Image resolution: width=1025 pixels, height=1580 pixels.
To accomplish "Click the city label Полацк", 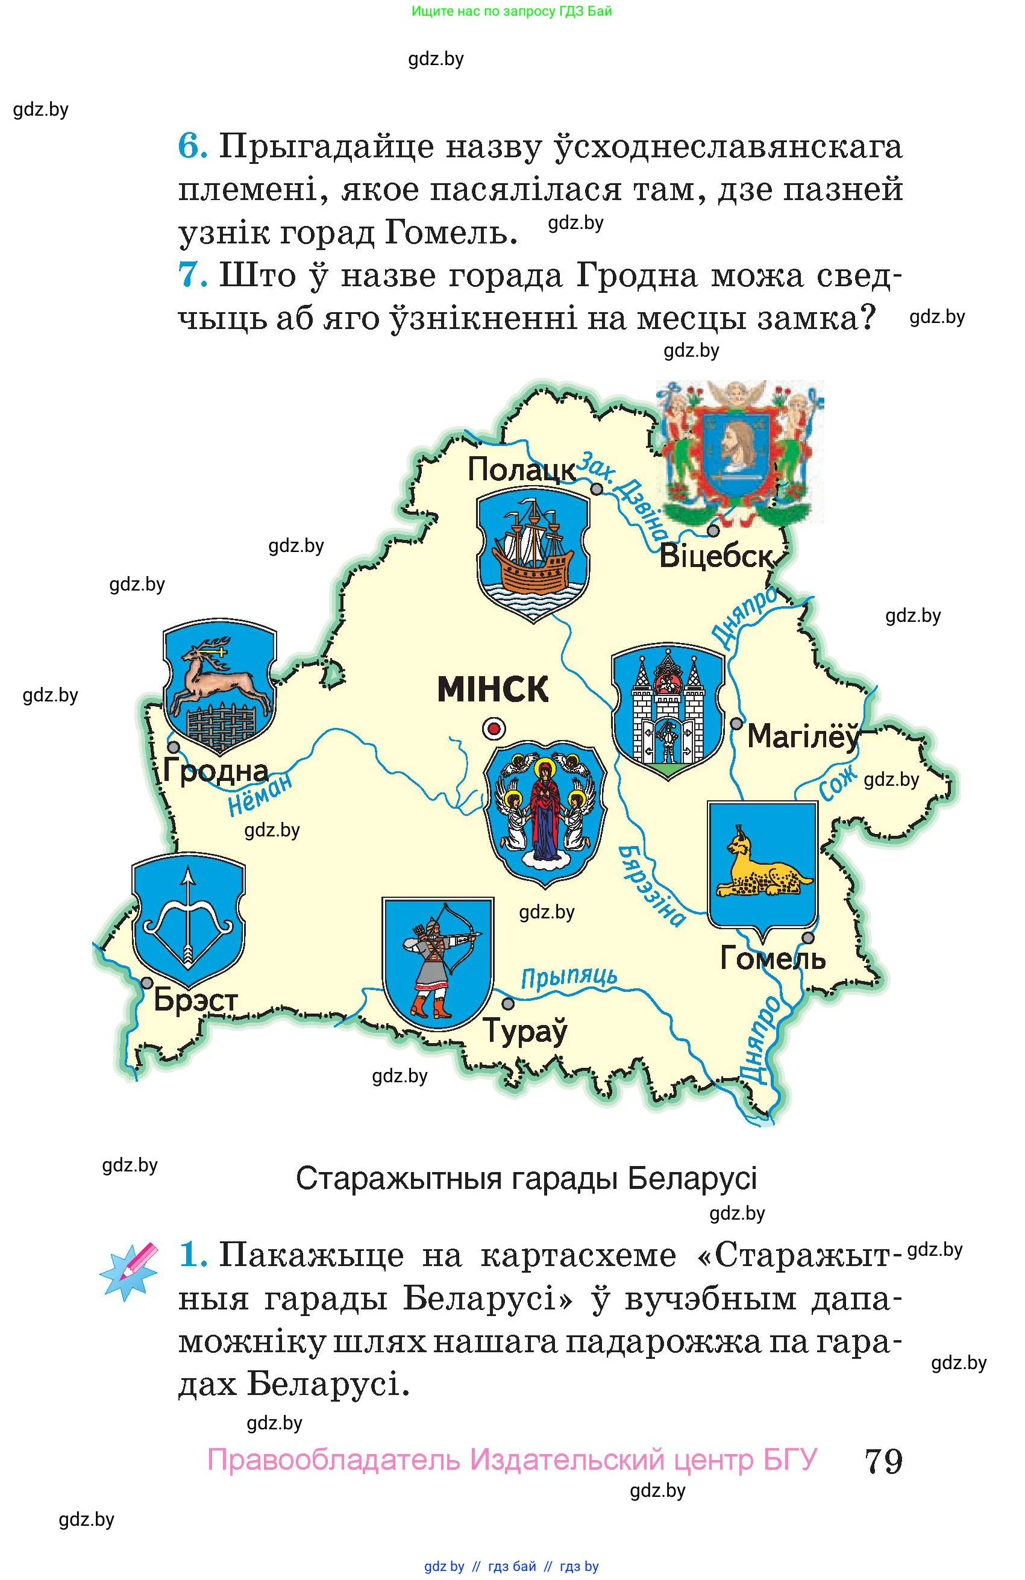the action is coord(522,469).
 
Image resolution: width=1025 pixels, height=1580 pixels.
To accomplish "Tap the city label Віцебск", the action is coord(716,556).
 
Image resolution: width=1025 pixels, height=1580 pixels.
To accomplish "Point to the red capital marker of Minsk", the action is coord(494,729).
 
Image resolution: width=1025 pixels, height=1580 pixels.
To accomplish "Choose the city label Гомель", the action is coord(773,958).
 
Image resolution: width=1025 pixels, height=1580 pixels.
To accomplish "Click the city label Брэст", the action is coord(195,1000).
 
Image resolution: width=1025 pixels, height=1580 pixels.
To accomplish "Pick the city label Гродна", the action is coord(216,771).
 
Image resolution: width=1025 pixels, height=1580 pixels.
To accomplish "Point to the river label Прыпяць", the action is coord(569,977).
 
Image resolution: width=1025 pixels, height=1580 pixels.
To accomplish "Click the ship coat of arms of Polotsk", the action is coord(533,555).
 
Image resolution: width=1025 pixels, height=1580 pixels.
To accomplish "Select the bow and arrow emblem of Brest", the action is coord(189,919).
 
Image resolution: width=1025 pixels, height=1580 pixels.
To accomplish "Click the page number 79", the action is coord(883,1460).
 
